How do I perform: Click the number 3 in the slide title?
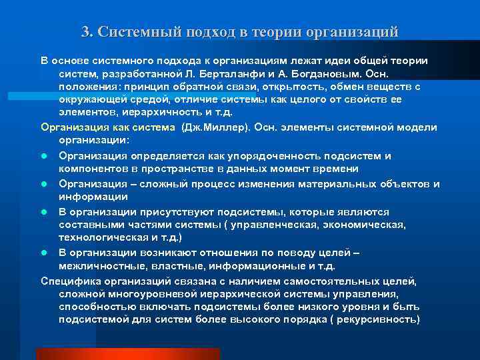pos(85,31)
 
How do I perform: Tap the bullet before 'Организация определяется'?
pos(44,156)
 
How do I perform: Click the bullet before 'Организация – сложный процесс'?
pos(44,184)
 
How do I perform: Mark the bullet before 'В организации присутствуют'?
pos(44,212)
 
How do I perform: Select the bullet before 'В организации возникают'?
pos(44,253)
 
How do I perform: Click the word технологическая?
pos(99,237)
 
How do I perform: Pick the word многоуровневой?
pos(145,294)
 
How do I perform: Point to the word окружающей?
pos(90,99)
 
